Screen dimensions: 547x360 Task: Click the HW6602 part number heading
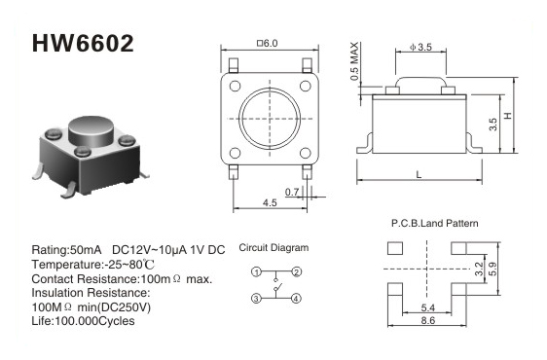tap(83, 44)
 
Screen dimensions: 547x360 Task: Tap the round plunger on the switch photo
tap(91, 131)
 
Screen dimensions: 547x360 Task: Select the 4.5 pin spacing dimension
tap(270, 202)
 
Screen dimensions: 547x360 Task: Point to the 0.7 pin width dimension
tap(292, 192)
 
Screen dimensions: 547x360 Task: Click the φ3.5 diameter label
tap(420, 47)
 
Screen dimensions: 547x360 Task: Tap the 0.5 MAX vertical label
tap(354, 61)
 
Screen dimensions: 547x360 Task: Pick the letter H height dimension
tap(508, 115)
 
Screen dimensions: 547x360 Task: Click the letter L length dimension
tap(419, 174)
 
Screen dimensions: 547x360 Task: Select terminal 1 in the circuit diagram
tap(256, 271)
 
